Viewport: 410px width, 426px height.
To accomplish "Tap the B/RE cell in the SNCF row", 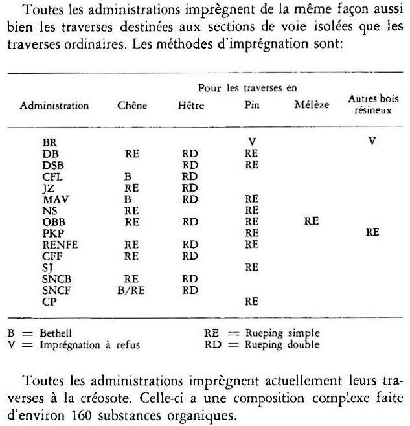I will click(x=132, y=290).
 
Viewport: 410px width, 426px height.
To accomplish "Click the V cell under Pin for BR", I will click(x=251, y=140).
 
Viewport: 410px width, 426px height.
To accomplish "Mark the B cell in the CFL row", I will click(x=128, y=175).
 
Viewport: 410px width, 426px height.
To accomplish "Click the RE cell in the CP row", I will click(x=251, y=302).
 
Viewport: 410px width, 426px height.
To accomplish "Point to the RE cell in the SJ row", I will click(x=251, y=267).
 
